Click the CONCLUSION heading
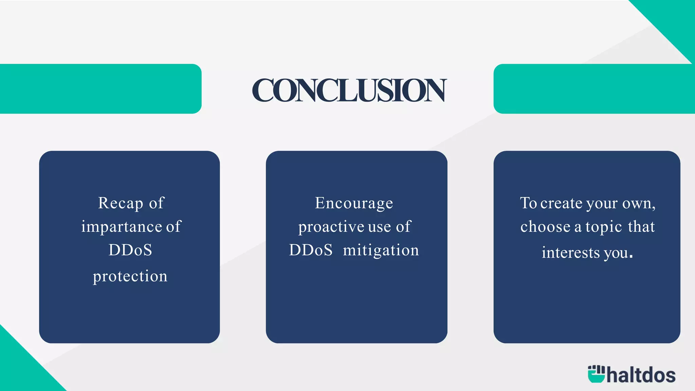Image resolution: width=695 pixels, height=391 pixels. tap(349, 90)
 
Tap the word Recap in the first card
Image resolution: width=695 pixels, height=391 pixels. tap(120, 203)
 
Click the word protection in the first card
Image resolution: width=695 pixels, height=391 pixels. tap(130, 276)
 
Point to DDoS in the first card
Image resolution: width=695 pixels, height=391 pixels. tap(130, 250)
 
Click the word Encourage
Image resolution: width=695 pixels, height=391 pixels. tap(354, 203)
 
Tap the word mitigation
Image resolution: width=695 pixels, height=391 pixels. tap(381, 250)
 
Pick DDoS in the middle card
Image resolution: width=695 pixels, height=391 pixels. tap(311, 250)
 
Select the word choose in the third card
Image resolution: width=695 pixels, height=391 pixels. tap(545, 227)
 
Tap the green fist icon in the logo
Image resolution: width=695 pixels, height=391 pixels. tap(596, 374)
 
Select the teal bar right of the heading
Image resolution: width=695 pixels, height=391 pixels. tap(594, 89)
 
